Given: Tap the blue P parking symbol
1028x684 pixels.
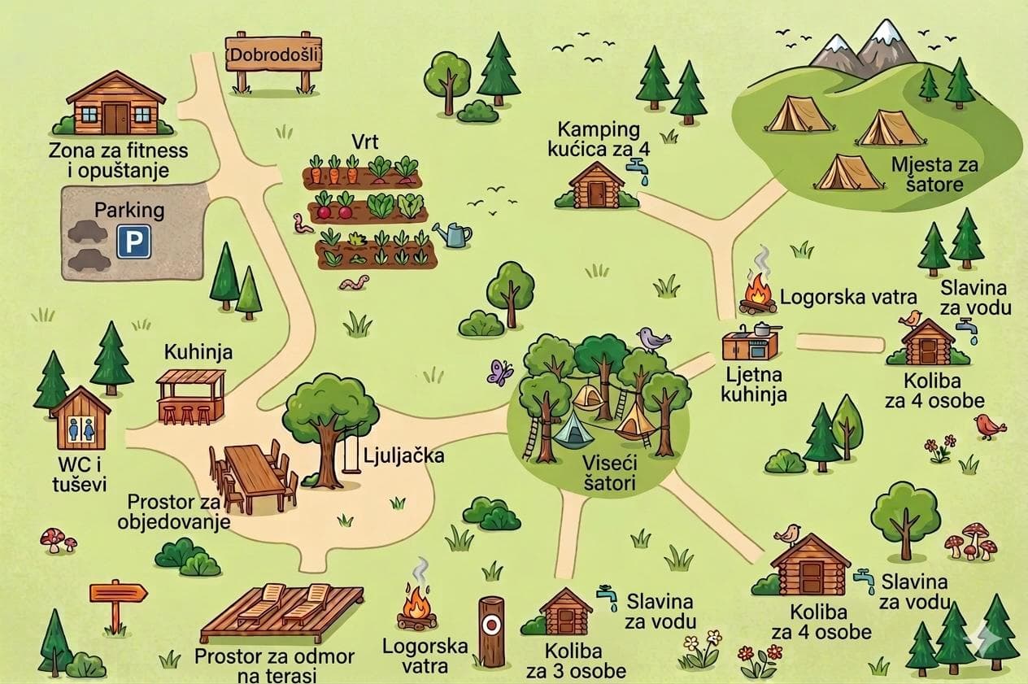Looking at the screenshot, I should coord(133,242).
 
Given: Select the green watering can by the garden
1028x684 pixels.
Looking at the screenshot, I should coord(454,235).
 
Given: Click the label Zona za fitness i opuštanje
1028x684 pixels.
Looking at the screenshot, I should coord(119,160).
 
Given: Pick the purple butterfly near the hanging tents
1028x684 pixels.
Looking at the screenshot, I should coord(499,372).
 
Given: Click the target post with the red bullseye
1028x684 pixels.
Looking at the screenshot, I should coord(490,630).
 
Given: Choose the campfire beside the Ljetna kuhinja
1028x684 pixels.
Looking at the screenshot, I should coord(758,296).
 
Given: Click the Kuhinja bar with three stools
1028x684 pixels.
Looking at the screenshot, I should coord(190,396).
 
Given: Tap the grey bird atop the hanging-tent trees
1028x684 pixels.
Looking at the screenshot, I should coord(651,338).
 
